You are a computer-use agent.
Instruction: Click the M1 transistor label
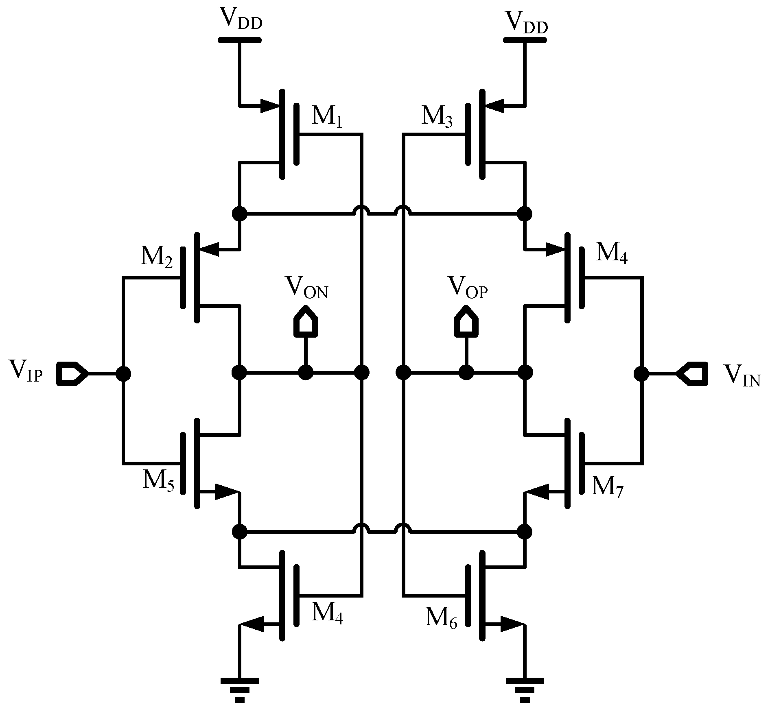pyautogui.click(x=327, y=117)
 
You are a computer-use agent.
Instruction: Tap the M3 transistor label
pyautogui.click(x=437, y=117)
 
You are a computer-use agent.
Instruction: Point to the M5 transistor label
pyautogui.click(x=158, y=481)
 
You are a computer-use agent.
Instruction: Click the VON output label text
pyautogui.click(x=306, y=288)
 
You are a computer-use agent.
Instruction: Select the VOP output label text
pyautogui.click(x=467, y=288)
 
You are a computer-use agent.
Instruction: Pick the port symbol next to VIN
pyautogui.click(x=692, y=373)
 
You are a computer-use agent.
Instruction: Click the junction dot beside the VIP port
pyautogui.click(x=123, y=373)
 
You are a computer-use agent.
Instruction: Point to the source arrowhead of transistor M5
pyautogui.click(x=226, y=492)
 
